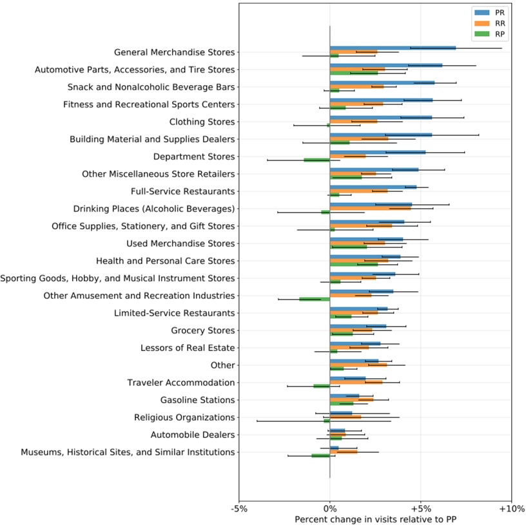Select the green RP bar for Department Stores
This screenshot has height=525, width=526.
(317, 160)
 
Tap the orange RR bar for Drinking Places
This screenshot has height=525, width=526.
(370, 209)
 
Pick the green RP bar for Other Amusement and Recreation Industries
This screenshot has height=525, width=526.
(314, 300)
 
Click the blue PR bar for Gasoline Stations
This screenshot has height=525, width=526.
(344, 396)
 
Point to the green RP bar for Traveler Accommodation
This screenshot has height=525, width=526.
(321, 386)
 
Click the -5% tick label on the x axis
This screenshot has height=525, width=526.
(239, 508)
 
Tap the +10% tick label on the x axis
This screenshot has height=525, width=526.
(511, 508)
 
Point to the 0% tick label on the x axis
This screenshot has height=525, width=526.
(329, 508)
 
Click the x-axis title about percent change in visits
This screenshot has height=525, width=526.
(375, 519)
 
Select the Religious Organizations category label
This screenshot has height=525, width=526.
(184, 417)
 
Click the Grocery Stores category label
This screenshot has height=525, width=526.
(203, 330)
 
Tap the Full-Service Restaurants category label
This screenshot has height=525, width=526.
(182, 191)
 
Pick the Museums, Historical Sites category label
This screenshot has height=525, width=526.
(128, 452)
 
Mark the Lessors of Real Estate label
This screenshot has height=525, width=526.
(188, 348)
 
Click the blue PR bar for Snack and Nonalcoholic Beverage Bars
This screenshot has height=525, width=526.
(382, 83)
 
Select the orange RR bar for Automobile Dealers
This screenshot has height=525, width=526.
(337, 435)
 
